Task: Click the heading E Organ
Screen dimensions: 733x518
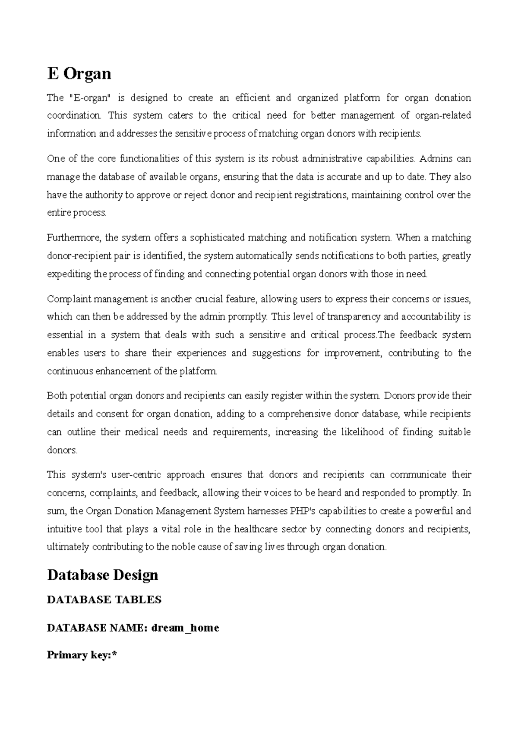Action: [79, 74]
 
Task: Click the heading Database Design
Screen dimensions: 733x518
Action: [102, 575]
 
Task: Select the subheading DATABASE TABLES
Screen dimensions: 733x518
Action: [104, 600]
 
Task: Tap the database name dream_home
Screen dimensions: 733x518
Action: [185, 628]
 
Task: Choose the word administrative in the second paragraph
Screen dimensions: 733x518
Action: [332, 159]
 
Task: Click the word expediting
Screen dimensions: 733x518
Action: [69, 274]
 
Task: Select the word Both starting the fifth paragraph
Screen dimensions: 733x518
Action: [57, 396]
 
